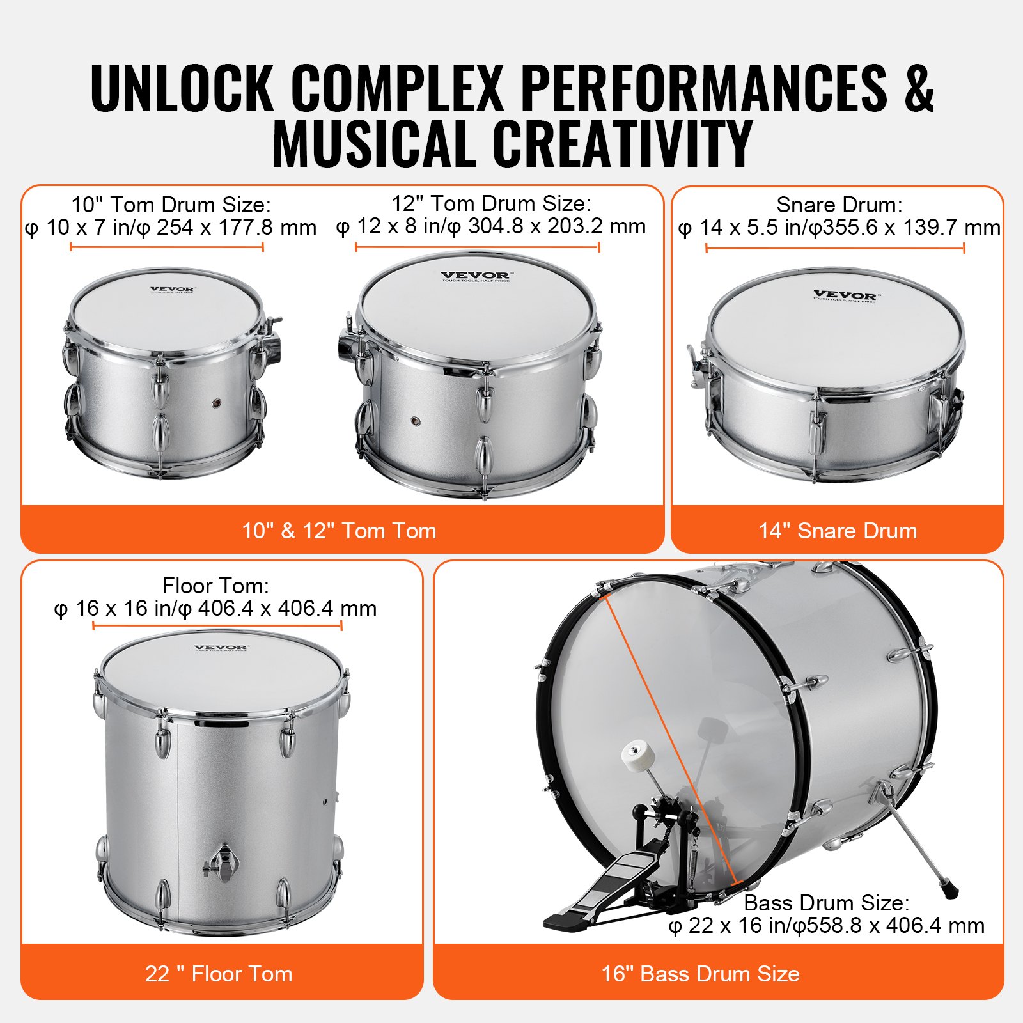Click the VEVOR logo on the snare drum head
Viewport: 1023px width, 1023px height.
[x=846, y=295]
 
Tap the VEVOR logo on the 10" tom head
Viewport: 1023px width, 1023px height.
[x=172, y=290]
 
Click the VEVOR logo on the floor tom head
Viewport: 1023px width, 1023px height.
[x=221, y=648]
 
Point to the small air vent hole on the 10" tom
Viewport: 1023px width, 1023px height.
[x=217, y=403]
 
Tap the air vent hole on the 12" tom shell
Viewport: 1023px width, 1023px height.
[x=415, y=422]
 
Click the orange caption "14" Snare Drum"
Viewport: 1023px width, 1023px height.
[x=838, y=531]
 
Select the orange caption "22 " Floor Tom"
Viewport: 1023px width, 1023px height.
[x=219, y=974]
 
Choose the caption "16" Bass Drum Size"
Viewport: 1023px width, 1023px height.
[x=700, y=974]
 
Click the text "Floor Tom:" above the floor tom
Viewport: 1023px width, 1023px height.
[x=215, y=586]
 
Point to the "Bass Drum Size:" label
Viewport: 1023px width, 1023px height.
[x=826, y=903]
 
